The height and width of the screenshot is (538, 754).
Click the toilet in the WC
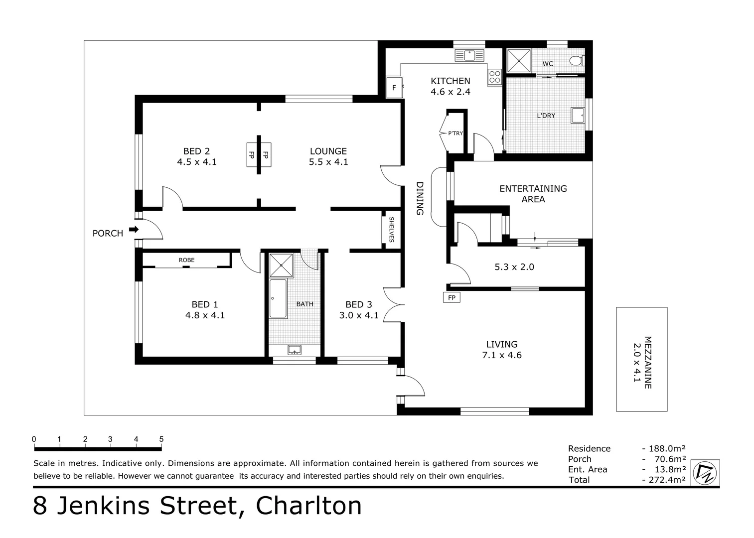tap(577, 61)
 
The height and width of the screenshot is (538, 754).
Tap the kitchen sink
tap(469, 55)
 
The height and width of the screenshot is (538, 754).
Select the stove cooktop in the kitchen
tap(495, 76)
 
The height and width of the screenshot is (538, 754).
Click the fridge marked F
tap(394, 88)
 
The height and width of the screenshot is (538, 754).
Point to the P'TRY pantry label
tap(455, 133)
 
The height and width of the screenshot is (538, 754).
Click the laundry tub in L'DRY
tap(578, 115)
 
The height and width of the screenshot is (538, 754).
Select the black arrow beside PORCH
tap(134, 229)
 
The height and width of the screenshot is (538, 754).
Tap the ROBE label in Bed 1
tap(186, 260)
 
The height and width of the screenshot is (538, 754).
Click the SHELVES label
tap(391, 230)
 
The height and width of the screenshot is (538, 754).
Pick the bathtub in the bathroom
tap(278, 298)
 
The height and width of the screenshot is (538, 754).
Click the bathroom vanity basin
tap(295, 350)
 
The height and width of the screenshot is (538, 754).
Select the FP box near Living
tap(452, 297)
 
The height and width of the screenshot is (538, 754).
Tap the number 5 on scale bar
tap(161, 439)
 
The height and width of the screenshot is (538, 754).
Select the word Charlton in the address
tap(308, 506)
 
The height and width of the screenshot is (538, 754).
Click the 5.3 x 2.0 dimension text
tap(514, 267)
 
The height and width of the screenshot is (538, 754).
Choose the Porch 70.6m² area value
tap(670, 459)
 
